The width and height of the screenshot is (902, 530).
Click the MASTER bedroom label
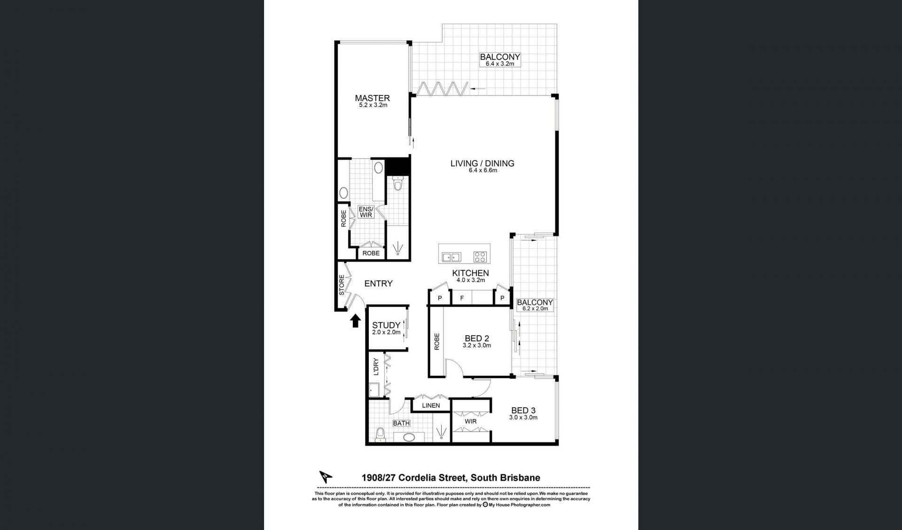click(372, 98)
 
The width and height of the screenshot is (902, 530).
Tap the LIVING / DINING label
click(482, 163)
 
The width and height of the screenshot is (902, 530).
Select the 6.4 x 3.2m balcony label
click(500, 60)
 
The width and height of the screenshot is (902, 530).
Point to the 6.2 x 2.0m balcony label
click(535, 305)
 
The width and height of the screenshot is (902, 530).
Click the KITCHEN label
click(470, 273)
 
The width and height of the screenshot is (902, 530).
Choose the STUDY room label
click(386, 325)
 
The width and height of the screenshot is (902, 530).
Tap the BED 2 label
click(477, 338)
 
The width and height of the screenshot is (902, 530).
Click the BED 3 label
click(523, 411)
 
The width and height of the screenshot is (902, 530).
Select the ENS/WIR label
click(366, 212)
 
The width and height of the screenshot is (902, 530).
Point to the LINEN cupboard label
click(431, 405)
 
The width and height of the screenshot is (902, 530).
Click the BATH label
click(401, 423)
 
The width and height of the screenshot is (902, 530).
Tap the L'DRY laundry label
click(376, 367)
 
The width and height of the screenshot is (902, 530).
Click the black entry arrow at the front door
click(356, 321)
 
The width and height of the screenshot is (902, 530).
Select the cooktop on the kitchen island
click(480, 257)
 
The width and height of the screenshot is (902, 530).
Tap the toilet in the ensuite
click(398, 183)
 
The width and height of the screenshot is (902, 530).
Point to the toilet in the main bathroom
click(381, 435)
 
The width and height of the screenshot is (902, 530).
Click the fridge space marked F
click(462, 298)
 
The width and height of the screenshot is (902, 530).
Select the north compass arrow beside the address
click(326, 476)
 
